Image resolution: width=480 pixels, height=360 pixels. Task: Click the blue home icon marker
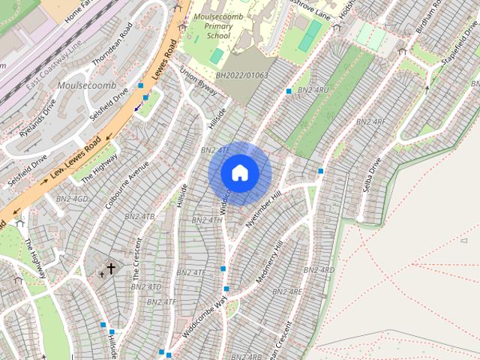point(240,172)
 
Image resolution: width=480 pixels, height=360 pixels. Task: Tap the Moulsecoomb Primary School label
point(223,25)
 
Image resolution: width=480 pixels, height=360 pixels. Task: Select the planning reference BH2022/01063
point(241,76)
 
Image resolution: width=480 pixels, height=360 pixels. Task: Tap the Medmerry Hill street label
point(269,262)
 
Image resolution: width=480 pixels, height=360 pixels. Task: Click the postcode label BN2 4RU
point(313,91)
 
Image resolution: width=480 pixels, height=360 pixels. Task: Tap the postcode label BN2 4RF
point(370,121)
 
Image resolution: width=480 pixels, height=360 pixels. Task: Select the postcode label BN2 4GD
point(71,199)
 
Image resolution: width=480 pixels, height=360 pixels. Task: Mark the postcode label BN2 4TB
point(139,217)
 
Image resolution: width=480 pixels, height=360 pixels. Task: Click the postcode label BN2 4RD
point(319,270)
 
